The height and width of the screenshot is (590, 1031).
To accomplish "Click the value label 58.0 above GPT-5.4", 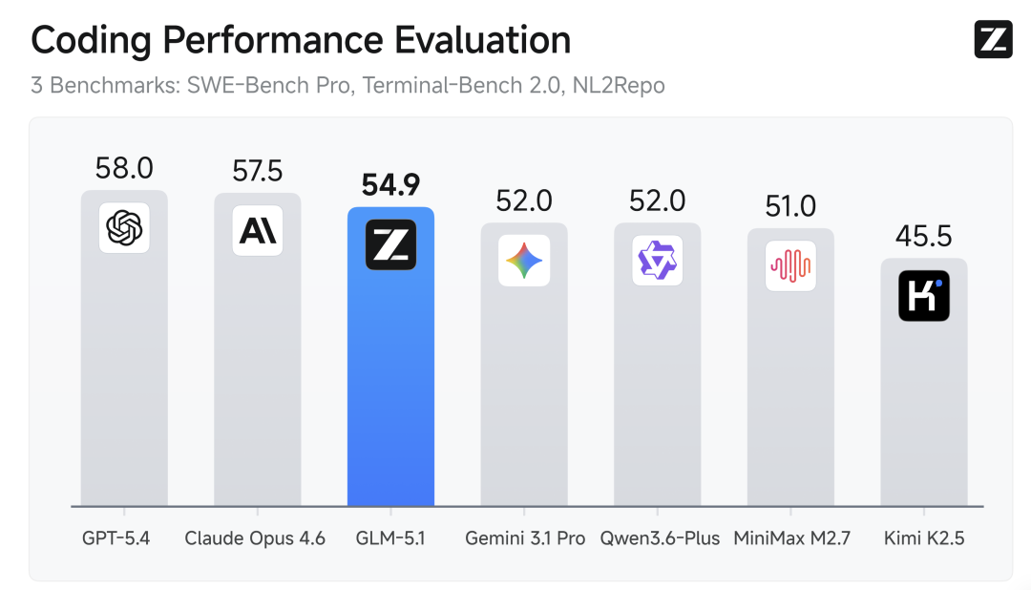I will [x=124, y=168].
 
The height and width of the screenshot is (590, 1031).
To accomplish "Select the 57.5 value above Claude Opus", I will [x=258, y=171].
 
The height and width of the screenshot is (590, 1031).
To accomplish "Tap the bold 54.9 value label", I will [x=390, y=185].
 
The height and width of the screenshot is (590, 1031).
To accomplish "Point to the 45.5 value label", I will [x=924, y=237].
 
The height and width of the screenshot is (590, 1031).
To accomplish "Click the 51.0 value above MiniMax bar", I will [x=790, y=207].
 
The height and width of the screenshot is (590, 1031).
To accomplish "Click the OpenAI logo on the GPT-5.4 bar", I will [x=124, y=228].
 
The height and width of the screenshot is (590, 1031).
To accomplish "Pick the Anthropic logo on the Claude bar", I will [x=258, y=231].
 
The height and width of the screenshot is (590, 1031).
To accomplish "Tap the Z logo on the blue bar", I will [x=390, y=245].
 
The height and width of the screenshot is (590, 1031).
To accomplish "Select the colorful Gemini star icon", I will [x=524, y=261].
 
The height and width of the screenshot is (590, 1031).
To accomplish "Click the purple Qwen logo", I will [x=658, y=261].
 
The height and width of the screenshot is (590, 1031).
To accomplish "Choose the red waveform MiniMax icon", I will [x=790, y=265].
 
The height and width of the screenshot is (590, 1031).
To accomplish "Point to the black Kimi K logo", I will [x=924, y=296].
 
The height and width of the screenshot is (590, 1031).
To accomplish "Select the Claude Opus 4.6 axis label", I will [x=255, y=538].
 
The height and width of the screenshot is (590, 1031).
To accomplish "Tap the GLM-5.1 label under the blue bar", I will [x=390, y=538].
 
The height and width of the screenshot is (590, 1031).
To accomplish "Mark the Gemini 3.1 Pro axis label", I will [x=524, y=538].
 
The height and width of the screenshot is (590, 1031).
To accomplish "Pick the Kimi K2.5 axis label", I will [x=924, y=538].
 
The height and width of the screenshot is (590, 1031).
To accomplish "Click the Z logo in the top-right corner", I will [x=993, y=39].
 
